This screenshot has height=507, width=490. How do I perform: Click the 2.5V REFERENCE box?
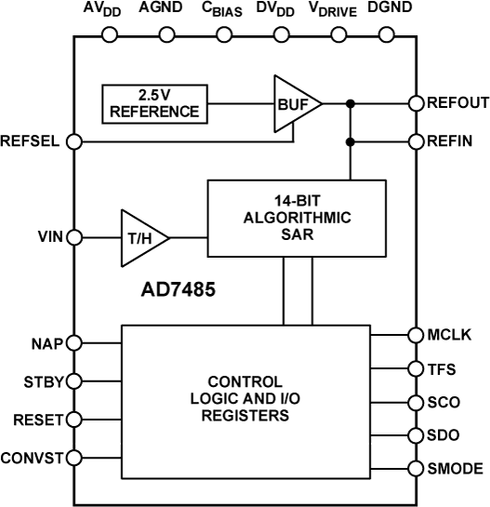point(154,104)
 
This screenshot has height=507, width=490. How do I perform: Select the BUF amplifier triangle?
point(293,103)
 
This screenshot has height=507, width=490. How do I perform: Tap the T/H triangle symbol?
point(142,238)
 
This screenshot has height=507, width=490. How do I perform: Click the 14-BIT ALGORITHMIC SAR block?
point(296,219)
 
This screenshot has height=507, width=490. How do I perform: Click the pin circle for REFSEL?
point(75,141)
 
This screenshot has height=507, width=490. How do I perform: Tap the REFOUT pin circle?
point(416,103)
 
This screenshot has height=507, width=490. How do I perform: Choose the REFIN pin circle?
point(416,141)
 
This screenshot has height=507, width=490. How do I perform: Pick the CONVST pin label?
point(33,457)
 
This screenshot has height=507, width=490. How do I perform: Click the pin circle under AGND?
point(167,35)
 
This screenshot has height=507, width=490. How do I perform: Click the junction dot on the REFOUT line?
point(351,103)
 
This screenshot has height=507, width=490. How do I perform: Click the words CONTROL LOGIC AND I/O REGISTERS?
point(245,400)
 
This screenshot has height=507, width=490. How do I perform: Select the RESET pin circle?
point(75,420)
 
